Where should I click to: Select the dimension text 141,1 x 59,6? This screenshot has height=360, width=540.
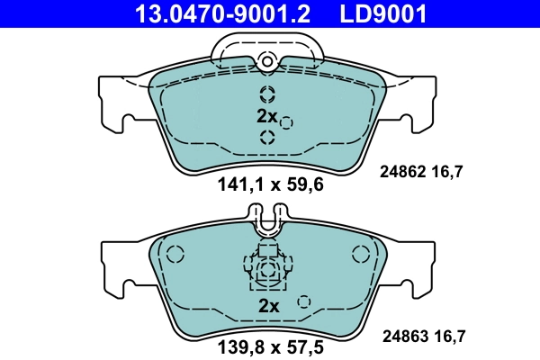coord(270,186)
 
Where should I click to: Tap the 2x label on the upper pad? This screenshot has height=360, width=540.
coord(266,116)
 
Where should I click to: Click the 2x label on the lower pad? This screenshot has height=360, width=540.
coord(269,305)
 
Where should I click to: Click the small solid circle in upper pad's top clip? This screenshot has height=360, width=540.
coord(266,60)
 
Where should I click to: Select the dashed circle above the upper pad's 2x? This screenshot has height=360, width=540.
coord(267,94)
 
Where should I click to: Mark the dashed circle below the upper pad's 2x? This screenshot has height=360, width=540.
coord(267,137)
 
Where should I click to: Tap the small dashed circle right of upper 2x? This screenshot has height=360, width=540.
coord(287,122)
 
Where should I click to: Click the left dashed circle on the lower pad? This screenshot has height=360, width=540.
coord(175,255)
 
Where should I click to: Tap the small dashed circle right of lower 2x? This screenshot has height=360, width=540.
coord(304,301)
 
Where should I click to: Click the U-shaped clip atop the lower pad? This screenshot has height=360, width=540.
coord(267,219)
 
